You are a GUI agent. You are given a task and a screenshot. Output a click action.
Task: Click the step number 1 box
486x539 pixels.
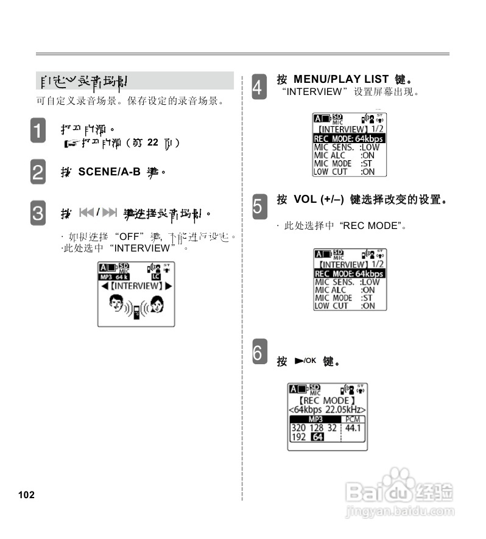[38, 132]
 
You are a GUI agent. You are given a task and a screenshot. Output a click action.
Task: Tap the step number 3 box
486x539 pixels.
[38, 213]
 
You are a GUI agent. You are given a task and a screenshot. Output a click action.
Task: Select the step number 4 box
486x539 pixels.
[258, 86]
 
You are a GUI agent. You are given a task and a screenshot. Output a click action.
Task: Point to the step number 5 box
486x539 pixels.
[258, 206]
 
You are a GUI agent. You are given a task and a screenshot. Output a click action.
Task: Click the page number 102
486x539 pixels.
[26, 495]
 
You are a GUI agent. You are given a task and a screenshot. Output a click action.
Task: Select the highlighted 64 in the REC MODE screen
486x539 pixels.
[317, 437]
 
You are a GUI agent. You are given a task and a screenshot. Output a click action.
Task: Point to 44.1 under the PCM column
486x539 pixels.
[353, 428]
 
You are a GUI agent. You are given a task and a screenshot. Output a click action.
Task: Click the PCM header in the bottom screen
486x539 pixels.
[353, 420]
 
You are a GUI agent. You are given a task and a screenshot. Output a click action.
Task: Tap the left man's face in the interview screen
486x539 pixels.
[116, 302]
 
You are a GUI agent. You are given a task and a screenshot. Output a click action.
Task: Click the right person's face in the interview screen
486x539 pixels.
[157, 303]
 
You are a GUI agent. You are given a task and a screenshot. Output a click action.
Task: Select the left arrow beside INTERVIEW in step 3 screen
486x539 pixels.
[105, 286]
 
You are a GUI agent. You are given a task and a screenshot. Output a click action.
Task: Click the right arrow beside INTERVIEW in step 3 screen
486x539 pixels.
[168, 286]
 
